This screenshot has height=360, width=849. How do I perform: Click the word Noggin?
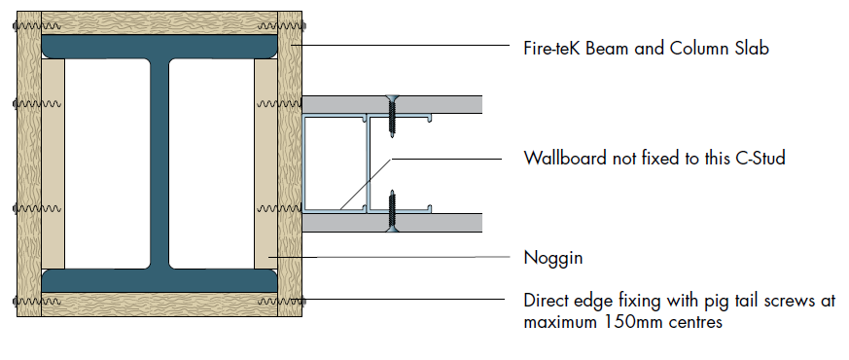click(552, 258)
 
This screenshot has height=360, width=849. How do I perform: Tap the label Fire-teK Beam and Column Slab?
click(646, 49)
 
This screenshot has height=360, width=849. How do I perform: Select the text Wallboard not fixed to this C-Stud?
click(654, 158)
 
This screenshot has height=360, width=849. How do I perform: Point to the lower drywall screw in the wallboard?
click(392, 211)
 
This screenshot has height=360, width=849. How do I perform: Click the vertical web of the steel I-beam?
click(159, 162)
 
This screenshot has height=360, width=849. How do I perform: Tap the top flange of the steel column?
click(159, 47)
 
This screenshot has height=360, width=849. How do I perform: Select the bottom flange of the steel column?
click(159, 280)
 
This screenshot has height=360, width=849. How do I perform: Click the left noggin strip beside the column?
click(53, 162)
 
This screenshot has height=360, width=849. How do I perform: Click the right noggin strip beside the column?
click(265, 162)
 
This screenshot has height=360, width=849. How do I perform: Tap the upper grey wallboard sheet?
click(392, 104)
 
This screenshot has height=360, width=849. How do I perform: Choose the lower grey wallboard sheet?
click(392, 223)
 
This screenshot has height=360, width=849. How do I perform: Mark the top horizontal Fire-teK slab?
click(159, 23)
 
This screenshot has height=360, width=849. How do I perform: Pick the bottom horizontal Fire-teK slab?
click(159, 305)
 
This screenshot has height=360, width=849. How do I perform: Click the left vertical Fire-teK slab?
click(29, 163)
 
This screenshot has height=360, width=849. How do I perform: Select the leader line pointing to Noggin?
click(390, 257)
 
